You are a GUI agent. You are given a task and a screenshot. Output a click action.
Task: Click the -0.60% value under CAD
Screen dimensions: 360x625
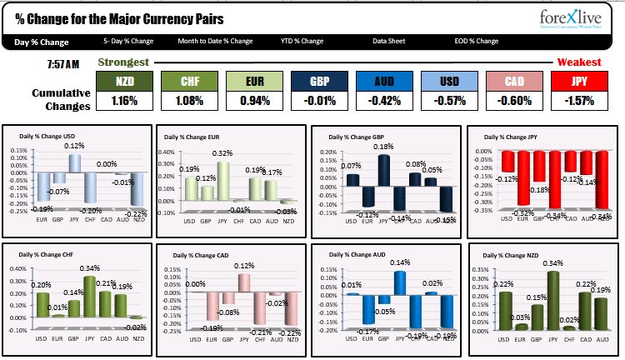515,102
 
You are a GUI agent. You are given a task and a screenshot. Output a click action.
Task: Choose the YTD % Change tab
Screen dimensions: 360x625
302,41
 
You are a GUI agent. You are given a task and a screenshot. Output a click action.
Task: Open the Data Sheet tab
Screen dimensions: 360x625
389,41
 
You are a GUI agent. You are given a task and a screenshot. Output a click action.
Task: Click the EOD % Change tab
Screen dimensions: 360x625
477,41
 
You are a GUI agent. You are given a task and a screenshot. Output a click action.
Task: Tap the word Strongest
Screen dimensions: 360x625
123,62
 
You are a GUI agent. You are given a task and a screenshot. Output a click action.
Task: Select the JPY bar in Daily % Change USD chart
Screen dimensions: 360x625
75,163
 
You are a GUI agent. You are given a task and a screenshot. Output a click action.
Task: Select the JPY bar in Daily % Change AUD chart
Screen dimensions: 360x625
400,283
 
